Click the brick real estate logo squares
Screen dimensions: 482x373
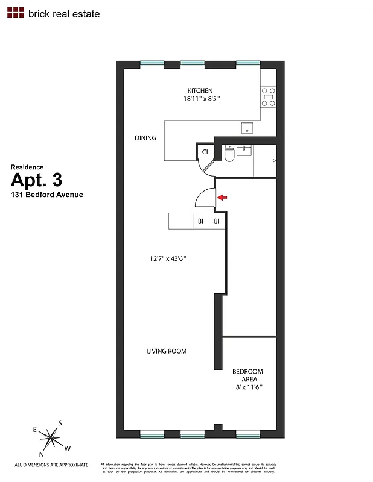click(16, 13)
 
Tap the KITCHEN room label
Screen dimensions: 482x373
click(200, 90)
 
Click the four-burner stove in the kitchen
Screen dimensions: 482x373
click(269, 96)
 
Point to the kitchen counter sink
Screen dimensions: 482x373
click(246, 128)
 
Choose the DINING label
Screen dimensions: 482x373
click(145, 138)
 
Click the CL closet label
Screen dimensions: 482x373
click(206, 152)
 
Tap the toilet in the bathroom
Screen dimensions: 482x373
click(229, 155)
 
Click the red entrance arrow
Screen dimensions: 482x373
click(223, 197)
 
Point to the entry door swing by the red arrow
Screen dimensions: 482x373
click(205, 198)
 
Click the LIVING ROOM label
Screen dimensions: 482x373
click(167, 351)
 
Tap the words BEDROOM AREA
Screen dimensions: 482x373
click(247, 375)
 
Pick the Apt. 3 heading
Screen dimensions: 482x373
click(37, 180)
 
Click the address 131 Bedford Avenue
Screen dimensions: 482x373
click(46, 195)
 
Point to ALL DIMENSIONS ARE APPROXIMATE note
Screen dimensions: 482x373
click(51, 465)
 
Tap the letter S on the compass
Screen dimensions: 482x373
click(60, 422)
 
